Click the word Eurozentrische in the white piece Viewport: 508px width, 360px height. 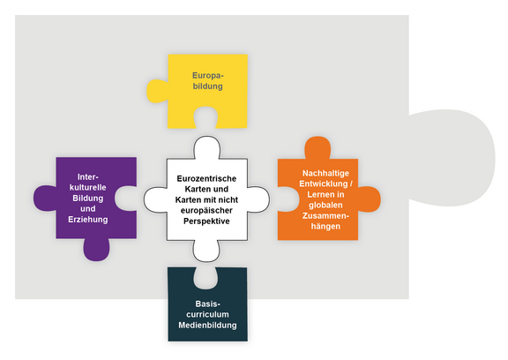coord(206,178)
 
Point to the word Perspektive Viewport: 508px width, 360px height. coord(206,221)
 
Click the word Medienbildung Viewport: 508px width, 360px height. coord(207,325)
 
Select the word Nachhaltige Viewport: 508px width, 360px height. coord(326,173)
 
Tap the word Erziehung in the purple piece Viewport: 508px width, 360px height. coord(88,220)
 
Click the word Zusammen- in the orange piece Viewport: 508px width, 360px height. coord(325,216)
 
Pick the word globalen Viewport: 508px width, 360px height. coord(325,205)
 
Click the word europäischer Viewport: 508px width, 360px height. coord(206,211)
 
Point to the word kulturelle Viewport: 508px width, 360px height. coord(88,188)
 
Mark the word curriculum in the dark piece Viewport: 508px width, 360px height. coord(207,314)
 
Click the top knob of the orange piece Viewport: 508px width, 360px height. coord(317,147)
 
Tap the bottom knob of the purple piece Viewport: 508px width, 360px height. coord(96,251)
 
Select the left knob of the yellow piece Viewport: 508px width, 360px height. coord(157,91)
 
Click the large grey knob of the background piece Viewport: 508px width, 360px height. coord(452,158)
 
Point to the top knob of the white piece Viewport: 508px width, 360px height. coord(207,147)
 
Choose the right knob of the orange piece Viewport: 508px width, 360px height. coord(370,199)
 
